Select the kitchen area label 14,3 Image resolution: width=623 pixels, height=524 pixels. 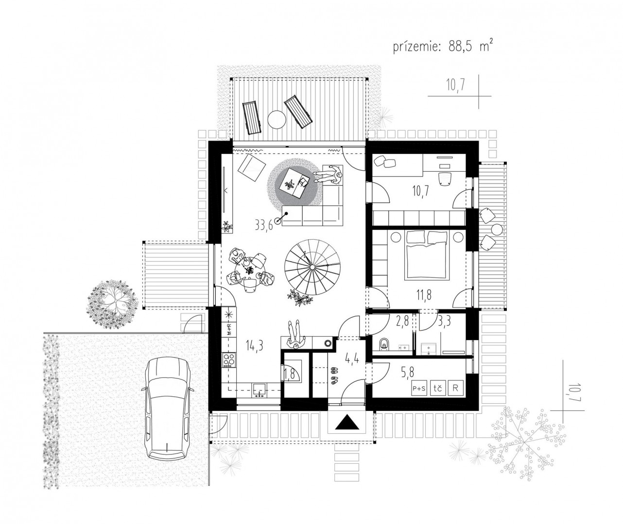254,346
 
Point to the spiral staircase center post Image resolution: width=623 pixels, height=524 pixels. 312,267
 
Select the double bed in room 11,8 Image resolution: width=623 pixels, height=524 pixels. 427,256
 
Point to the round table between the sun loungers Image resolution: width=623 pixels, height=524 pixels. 277,119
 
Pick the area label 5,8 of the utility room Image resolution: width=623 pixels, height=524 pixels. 408,372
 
